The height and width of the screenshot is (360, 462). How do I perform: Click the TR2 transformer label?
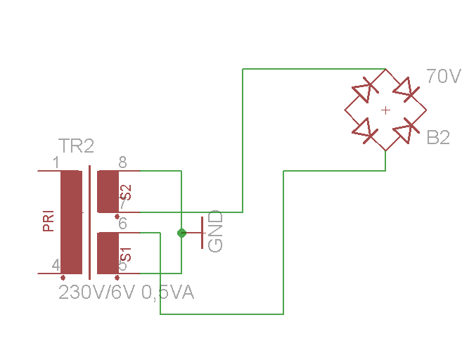tap(76, 146)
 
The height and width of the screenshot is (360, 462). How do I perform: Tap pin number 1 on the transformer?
tap(56, 163)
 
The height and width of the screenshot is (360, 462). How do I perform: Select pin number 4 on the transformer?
tap(56, 265)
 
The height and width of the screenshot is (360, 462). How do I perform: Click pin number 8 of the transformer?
tap(122, 163)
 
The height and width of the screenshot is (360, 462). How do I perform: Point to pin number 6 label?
tap(122, 224)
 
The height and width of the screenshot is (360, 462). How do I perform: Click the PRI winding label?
tap(49, 220)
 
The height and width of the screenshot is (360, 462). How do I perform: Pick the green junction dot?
tap(181, 233)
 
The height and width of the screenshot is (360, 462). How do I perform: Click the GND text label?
tap(216, 231)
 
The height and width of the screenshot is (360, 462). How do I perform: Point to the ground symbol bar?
tap(203, 233)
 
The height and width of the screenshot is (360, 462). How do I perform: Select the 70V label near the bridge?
tap(443, 76)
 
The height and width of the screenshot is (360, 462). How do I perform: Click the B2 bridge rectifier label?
tap(438, 138)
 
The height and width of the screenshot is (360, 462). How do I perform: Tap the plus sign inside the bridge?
tap(385, 110)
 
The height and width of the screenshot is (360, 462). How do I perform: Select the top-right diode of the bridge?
tap(406, 90)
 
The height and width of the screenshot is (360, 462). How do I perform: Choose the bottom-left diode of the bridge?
tap(364, 129)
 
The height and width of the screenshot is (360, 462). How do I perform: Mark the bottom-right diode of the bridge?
tap(406, 130)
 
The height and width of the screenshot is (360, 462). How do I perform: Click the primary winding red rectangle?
tap(70, 221)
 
